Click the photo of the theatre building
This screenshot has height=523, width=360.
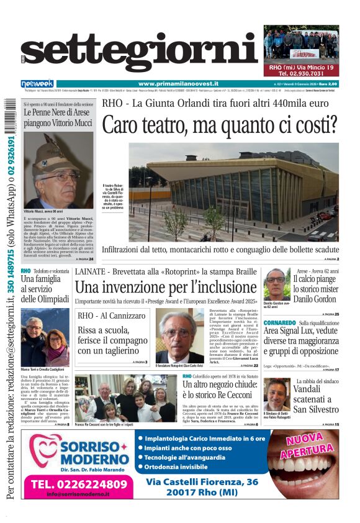pyautogui.click(x=234, y=193)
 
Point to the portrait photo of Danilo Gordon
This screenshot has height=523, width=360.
pyautogui.click(x=276, y=284)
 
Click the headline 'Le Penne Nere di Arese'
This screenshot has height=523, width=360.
pyautogui.click(x=58, y=118)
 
